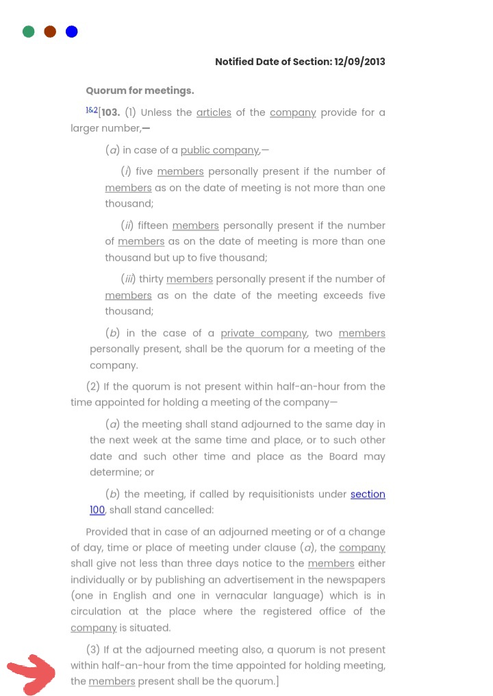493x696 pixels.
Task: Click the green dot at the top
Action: [29, 32]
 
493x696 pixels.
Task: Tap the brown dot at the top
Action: [50, 32]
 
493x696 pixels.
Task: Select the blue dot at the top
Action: [72, 32]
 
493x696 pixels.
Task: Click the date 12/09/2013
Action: [359, 62]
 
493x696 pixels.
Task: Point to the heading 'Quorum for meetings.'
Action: [140, 90]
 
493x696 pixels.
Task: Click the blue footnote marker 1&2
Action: [92, 110]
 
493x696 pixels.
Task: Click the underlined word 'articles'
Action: [214, 112]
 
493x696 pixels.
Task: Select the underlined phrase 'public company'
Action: [220, 150]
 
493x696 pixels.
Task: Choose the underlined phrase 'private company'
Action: [264, 333]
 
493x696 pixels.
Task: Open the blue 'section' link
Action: [368, 494]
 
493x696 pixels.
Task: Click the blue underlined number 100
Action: [97, 510]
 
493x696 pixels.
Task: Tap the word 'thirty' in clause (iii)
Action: [151, 279]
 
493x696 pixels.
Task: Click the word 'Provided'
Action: [106, 532]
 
